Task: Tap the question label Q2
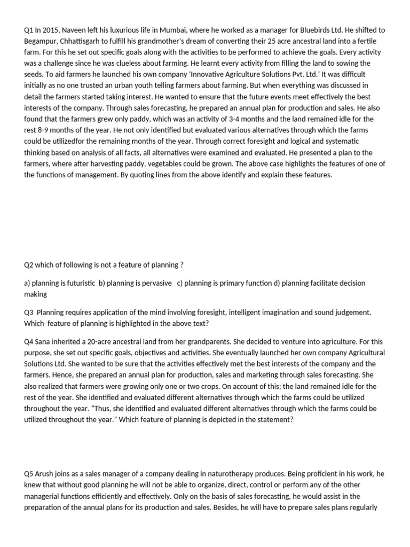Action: point(29,265)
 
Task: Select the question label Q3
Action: point(29,311)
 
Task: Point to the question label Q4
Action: point(29,341)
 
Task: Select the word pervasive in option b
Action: point(155,283)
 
